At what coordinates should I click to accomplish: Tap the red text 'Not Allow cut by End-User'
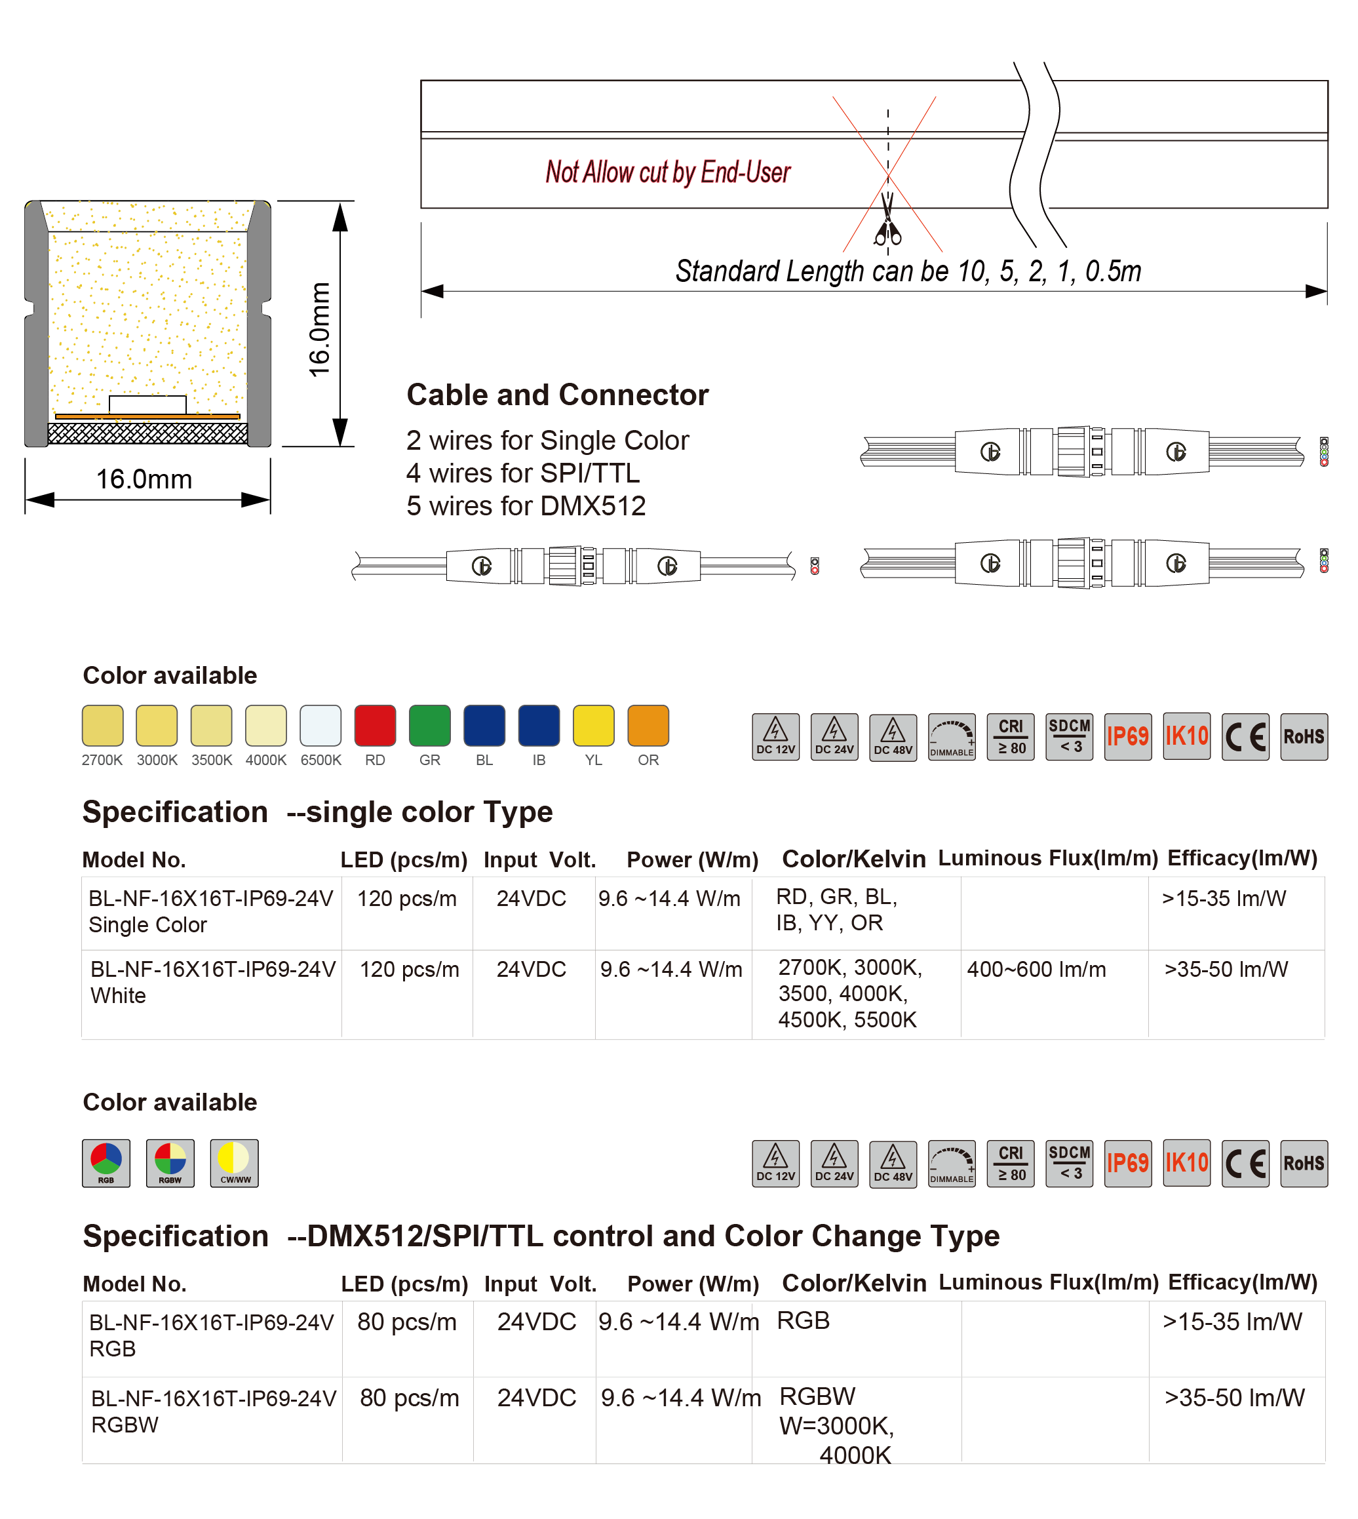(668, 172)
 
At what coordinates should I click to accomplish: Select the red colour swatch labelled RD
(375, 726)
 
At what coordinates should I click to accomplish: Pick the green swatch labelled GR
(430, 726)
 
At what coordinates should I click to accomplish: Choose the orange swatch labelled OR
(648, 726)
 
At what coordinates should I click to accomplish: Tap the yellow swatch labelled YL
(593, 726)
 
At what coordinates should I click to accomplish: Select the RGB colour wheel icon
(106, 1162)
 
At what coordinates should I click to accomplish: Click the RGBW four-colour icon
(170, 1162)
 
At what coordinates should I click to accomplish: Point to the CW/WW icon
(234, 1162)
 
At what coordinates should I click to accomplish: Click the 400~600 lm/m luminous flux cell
(1036, 969)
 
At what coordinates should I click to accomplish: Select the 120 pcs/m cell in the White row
(409, 969)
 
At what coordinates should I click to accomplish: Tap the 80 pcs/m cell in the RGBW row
(409, 1397)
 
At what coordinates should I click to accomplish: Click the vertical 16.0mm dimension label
(319, 329)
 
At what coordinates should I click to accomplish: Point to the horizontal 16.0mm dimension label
(144, 479)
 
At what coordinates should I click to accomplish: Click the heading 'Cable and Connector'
(557, 395)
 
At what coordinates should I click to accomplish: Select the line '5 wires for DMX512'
(526, 506)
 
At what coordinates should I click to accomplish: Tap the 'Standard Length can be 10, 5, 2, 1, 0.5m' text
(908, 271)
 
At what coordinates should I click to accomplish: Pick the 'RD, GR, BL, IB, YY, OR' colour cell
(836, 910)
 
